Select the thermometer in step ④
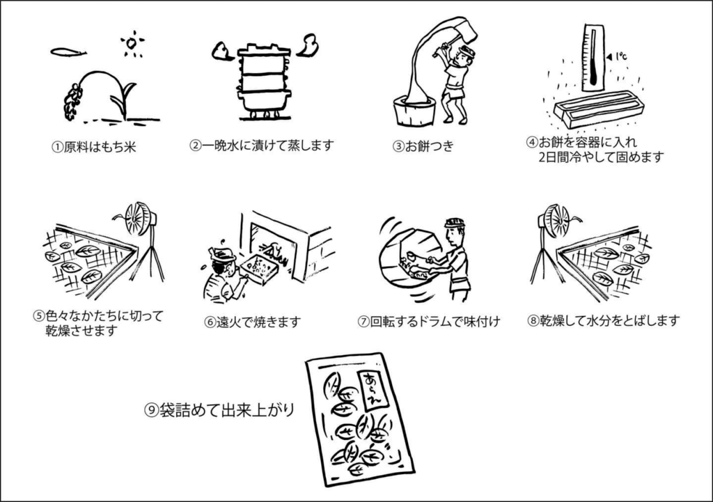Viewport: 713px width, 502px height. point(594,57)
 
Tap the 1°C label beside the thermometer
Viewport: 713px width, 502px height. point(620,56)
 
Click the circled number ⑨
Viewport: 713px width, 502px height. point(151,411)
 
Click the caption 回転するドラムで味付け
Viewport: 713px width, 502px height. point(435,322)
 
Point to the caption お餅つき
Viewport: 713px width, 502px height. point(429,146)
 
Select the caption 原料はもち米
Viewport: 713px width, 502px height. point(100,148)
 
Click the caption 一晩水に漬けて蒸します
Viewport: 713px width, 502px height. point(268,146)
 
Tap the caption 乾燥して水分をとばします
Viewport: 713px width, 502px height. point(609,320)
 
